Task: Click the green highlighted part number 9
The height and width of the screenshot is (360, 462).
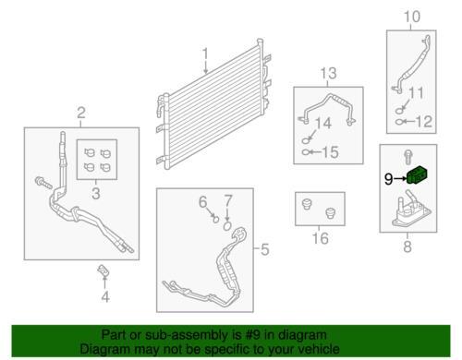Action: [x=418, y=176]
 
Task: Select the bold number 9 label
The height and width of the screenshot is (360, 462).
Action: [x=389, y=179]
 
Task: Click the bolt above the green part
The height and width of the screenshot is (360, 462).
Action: [x=407, y=157]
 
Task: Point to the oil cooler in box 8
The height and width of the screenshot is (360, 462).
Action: [x=411, y=210]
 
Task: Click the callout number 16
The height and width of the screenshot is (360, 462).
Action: [x=320, y=238]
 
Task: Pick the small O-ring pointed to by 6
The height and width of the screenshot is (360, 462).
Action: [x=216, y=219]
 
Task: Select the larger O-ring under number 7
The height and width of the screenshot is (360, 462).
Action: [x=227, y=226]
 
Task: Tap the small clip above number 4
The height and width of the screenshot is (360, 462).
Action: [x=103, y=270]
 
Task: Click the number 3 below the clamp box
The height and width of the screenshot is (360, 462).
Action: [x=96, y=194]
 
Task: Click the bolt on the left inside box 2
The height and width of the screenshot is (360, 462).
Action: [x=43, y=183]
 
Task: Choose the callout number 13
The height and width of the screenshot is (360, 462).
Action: [x=328, y=74]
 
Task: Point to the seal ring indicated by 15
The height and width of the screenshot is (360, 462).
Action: [x=306, y=152]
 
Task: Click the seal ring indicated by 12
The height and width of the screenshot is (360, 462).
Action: [x=399, y=122]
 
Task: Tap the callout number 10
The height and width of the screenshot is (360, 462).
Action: [x=411, y=17]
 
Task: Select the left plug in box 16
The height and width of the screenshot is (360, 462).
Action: [x=307, y=204]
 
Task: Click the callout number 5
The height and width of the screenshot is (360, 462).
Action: [x=265, y=249]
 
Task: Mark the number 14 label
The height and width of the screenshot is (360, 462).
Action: [x=323, y=123]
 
